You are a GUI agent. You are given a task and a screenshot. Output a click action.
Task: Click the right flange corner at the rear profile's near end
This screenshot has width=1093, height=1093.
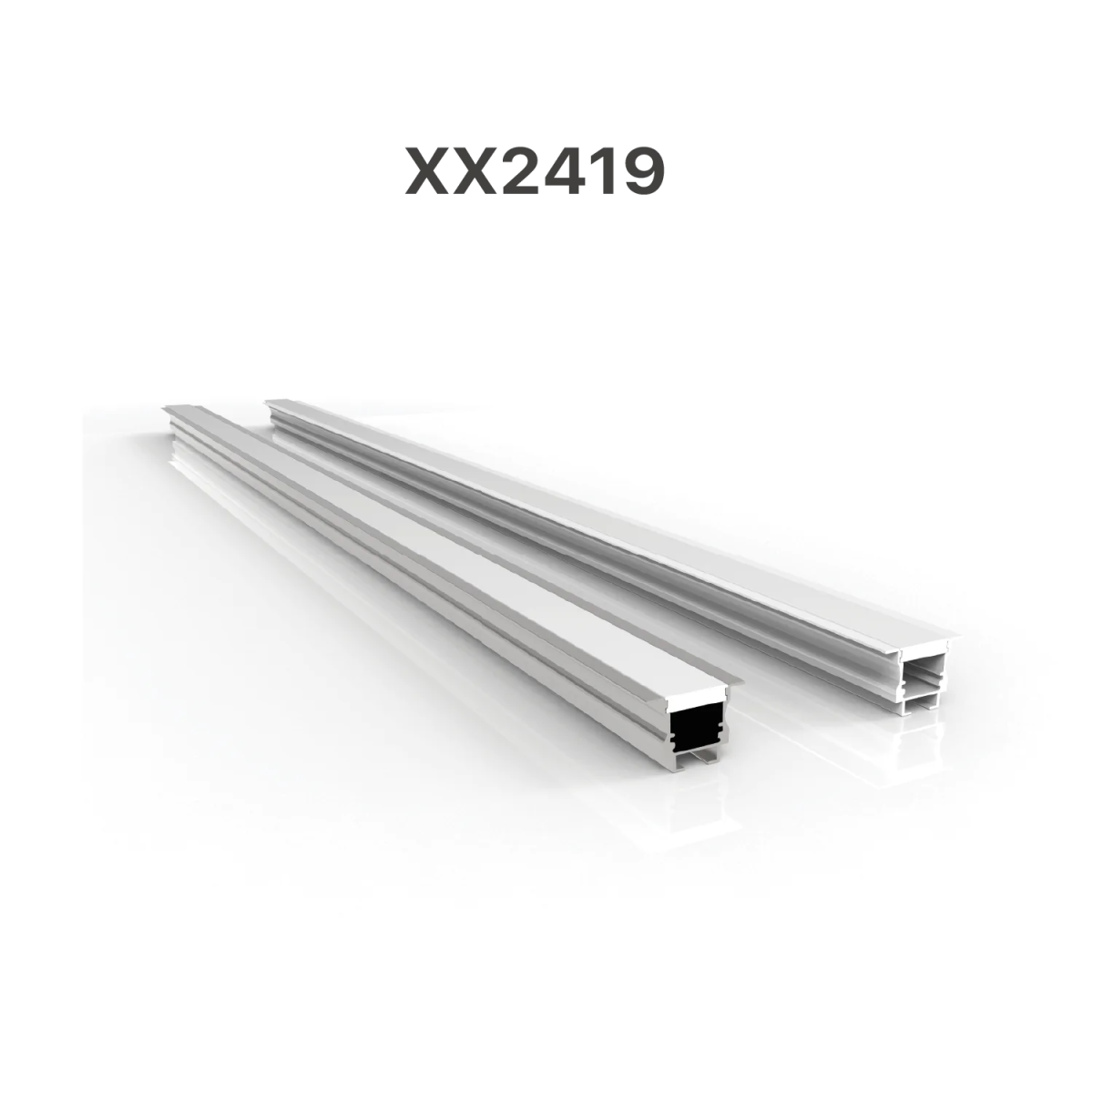click(969, 638)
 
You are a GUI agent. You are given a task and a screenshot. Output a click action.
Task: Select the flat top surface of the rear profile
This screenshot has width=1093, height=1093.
click(592, 519)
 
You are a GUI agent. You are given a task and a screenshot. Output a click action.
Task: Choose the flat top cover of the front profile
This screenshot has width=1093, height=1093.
click(437, 537)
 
